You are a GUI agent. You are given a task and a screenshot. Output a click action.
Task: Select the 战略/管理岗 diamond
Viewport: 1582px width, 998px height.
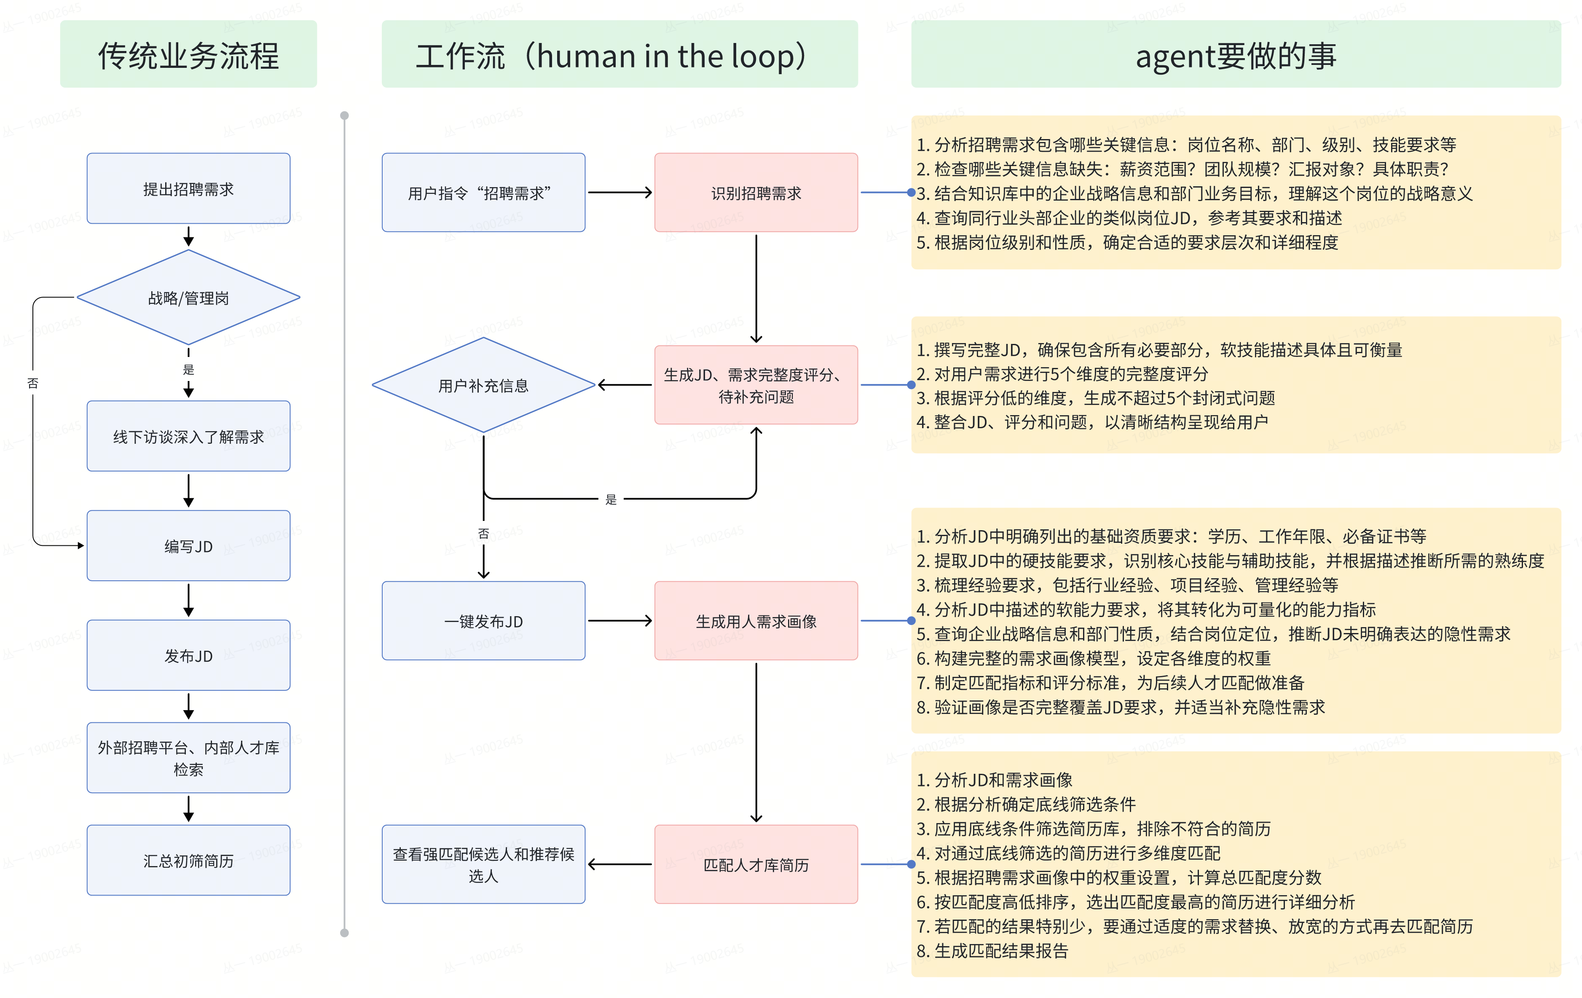[x=188, y=298]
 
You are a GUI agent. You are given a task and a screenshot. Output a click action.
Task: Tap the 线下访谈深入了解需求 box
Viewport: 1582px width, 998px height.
[x=188, y=436]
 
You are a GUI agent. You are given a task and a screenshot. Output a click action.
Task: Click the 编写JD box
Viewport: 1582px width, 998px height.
[x=188, y=546]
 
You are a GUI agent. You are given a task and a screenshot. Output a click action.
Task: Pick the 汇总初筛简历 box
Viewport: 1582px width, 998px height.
[x=188, y=860]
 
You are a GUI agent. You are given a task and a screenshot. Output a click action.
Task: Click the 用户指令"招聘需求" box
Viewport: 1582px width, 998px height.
[x=483, y=193]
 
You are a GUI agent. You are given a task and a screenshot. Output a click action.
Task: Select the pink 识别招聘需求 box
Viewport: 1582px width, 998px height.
[x=756, y=193]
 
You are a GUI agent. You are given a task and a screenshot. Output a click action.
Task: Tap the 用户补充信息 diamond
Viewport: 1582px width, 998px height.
[x=483, y=385]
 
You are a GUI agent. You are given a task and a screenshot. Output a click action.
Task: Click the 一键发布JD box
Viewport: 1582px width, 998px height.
[x=483, y=621]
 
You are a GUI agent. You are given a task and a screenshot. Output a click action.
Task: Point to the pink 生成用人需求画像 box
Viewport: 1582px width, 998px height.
[x=756, y=621]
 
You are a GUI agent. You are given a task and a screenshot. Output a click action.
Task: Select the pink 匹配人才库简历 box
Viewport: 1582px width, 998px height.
[x=756, y=865]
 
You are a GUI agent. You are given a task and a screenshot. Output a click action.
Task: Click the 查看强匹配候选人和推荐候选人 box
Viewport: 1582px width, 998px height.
[x=483, y=865]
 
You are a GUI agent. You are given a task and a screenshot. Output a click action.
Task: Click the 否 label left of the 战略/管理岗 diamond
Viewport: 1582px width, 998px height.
[x=33, y=383]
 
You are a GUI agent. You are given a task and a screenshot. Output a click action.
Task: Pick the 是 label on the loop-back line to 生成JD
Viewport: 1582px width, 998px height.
[x=611, y=499]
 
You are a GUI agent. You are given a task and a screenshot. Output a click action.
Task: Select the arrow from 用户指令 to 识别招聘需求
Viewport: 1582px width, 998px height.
[x=619, y=193]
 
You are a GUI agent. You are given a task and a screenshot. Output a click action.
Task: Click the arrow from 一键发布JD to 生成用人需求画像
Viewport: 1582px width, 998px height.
[x=619, y=621]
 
